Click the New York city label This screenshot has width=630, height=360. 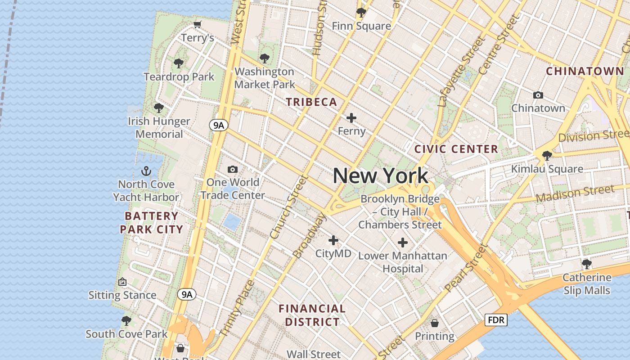click(x=380, y=175)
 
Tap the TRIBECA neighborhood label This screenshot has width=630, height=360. click(x=311, y=102)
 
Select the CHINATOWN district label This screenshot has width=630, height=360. click(x=585, y=71)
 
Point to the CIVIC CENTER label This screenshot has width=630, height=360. click(x=456, y=149)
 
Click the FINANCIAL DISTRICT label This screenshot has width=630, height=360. click(x=312, y=315)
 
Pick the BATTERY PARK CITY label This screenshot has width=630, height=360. click(x=151, y=223)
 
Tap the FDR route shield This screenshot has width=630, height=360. click(x=496, y=320)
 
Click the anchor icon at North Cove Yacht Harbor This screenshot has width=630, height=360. click(x=146, y=171)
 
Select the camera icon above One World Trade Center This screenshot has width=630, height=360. click(x=233, y=169)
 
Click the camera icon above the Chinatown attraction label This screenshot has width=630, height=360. click(x=538, y=95)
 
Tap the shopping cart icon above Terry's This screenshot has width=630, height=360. click(x=197, y=24)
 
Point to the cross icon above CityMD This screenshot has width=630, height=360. click(x=333, y=240)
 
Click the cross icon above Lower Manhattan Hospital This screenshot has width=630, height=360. click(x=403, y=243)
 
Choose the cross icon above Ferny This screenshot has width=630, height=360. click(x=351, y=118)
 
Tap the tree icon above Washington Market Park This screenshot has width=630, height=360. click(x=265, y=58)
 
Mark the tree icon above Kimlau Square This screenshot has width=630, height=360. click(x=547, y=156)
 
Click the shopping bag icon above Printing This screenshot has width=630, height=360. click(x=435, y=323)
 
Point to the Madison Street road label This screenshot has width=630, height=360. click(x=575, y=193)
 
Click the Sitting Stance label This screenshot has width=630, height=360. click(x=122, y=295)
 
